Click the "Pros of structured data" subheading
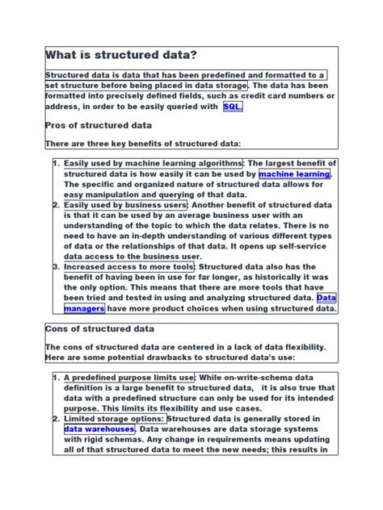pos(98,126)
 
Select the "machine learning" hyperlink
pos(294,173)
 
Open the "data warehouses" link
pos(99,429)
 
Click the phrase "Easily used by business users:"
pos(125,205)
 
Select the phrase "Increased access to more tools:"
pos(129,266)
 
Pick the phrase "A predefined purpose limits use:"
pos(129,377)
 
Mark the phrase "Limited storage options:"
pos(114,419)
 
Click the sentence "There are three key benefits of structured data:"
pos(143,144)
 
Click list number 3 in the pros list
pos(55,266)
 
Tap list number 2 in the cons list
pos(55,419)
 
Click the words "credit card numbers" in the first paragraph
pos(266,96)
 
